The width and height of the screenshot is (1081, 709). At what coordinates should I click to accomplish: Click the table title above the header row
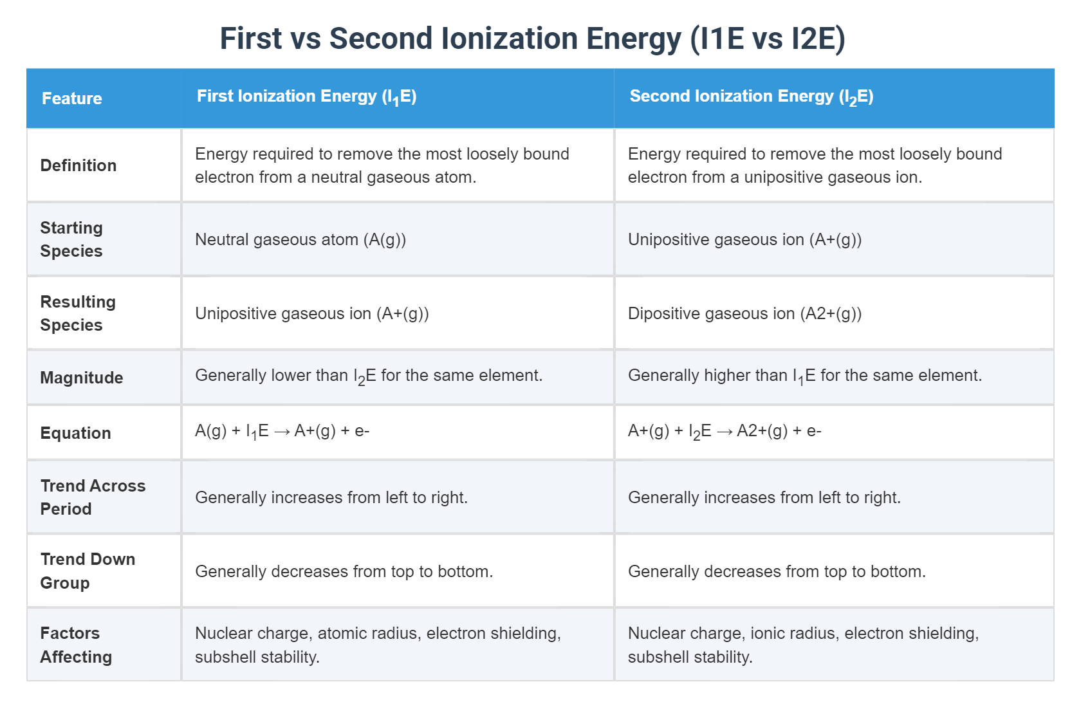coord(532,39)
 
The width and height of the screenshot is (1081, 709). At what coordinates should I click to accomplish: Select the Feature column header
coord(72,98)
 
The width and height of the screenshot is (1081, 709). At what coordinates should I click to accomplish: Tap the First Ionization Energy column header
coord(306,97)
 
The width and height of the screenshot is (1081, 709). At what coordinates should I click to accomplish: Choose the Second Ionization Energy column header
coord(751,97)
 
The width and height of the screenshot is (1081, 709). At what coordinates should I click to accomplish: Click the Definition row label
coord(79,165)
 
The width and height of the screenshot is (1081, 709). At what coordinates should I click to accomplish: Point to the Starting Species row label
coord(71,239)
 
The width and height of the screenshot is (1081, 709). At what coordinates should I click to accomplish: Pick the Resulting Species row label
coord(78,313)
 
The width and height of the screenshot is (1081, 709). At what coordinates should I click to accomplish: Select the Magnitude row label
coord(82,378)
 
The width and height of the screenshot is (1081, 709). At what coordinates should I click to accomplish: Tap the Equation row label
coord(76,433)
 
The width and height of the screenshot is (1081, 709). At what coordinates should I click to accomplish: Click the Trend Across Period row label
coord(93,497)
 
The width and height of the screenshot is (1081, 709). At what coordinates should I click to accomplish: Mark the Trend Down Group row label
coord(88,571)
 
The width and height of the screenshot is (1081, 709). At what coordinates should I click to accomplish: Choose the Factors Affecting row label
coord(76,645)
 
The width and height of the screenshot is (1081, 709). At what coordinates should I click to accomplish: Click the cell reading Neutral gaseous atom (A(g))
coord(300,239)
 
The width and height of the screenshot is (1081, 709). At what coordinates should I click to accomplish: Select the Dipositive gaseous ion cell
coord(744,313)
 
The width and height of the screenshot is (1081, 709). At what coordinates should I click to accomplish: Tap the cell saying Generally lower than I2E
coord(369,376)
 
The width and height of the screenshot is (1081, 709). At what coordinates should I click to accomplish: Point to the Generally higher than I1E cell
coord(804,376)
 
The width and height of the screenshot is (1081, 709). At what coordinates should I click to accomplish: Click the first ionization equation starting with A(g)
coord(282,431)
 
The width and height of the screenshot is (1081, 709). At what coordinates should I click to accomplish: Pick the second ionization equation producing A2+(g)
coord(725,431)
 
